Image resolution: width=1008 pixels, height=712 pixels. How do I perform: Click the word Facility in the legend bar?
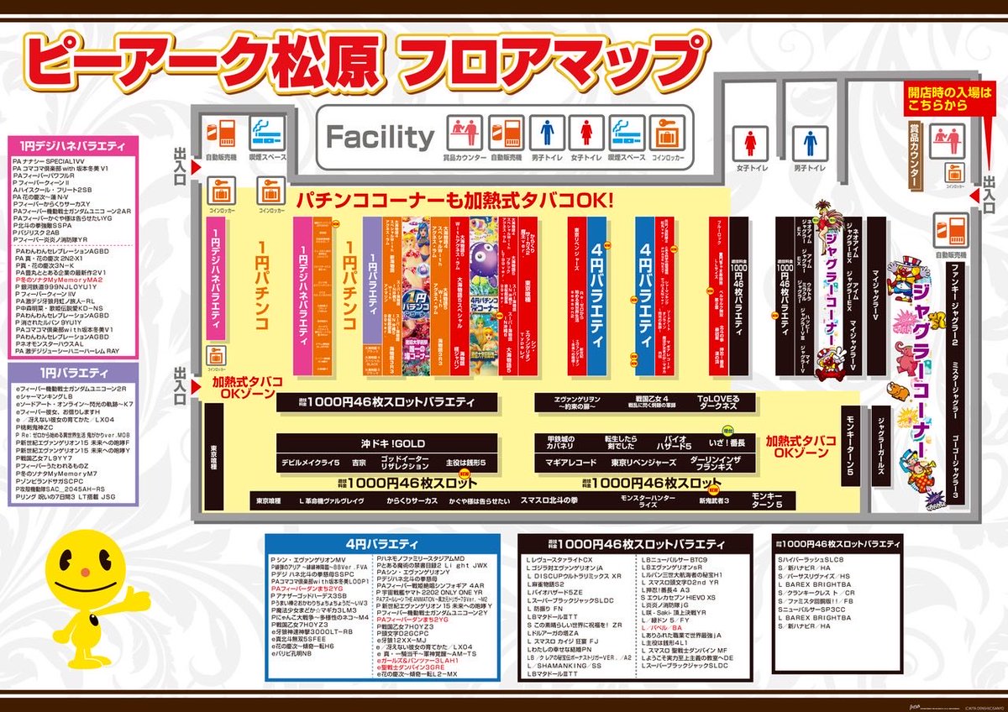(x=380, y=136)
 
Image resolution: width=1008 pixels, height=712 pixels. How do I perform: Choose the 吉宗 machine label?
(x=360, y=463)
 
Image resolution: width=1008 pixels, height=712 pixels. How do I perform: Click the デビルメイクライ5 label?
(x=309, y=463)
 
